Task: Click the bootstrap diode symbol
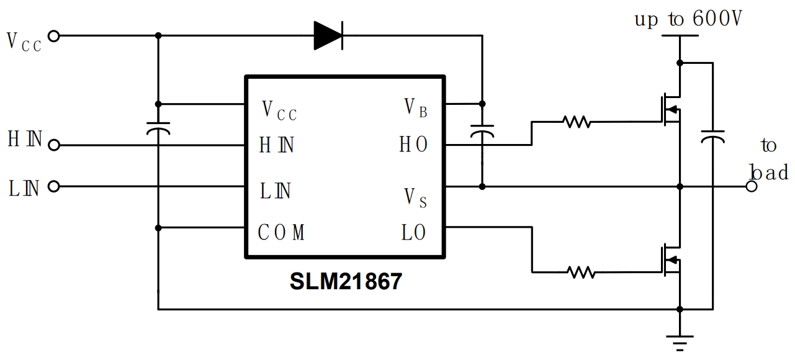click(x=328, y=35)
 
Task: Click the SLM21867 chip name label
click(x=346, y=282)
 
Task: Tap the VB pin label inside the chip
click(x=415, y=108)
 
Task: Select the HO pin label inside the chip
click(x=413, y=145)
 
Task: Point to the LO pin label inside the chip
click(x=413, y=233)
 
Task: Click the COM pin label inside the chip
click(x=281, y=233)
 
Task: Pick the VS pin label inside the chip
click(x=415, y=198)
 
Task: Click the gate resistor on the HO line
click(x=577, y=123)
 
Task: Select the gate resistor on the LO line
click(x=582, y=271)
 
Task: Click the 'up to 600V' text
click(x=688, y=19)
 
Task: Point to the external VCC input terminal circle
click(x=53, y=36)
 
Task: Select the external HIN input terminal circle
click(x=53, y=145)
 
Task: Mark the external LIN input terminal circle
click(x=53, y=186)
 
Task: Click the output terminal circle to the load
click(x=752, y=186)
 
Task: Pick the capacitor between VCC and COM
click(x=158, y=130)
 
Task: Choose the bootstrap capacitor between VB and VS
click(x=482, y=132)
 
